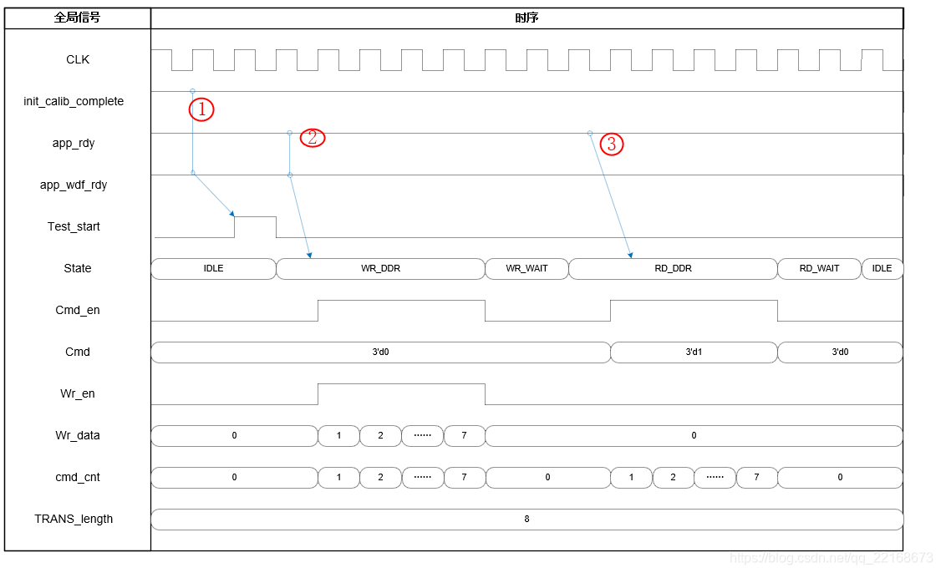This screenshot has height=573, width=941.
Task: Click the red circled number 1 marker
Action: pyautogui.click(x=201, y=109)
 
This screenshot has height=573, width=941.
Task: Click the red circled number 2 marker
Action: pyautogui.click(x=312, y=138)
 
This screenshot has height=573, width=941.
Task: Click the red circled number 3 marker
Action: pyautogui.click(x=611, y=145)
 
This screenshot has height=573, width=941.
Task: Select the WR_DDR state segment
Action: pyautogui.click(x=380, y=269)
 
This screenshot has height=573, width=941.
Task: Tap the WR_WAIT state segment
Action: pyautogui.click(x=526, y=269)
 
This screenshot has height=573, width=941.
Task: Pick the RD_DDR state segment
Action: pyautogui.click(x=673, y=269)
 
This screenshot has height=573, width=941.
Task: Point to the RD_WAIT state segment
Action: pyautogui.click(x=819, y=269)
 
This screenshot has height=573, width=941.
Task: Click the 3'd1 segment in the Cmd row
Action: pyautogui.click(x=694, y=352)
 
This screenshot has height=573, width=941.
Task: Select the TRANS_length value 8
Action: pyautogui.click(x=526, y=520)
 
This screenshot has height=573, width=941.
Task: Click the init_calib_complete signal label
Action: pyautogui.click(x=74, y=102)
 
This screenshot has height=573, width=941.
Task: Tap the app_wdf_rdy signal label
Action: pyautogui.click(x=74, y=185)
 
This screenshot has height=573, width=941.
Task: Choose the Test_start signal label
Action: pyautogui.click(x=74, y=227)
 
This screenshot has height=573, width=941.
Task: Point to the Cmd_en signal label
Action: pyautogui.click(x=77, y=311)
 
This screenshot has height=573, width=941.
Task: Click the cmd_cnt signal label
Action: pyautogui.click(x=77, y=478)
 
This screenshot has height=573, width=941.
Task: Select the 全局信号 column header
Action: pyautogui.click(x=77, y=18)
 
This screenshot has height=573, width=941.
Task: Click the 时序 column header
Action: pyautogui.click(x=526, y=18)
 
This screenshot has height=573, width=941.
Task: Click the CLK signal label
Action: pyautogui.click(x=78, y=60)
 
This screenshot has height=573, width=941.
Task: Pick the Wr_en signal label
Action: pyautogui.click(x=77, y=394)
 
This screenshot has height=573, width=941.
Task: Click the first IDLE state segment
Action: pyautogui.click(x=213, y=269)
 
